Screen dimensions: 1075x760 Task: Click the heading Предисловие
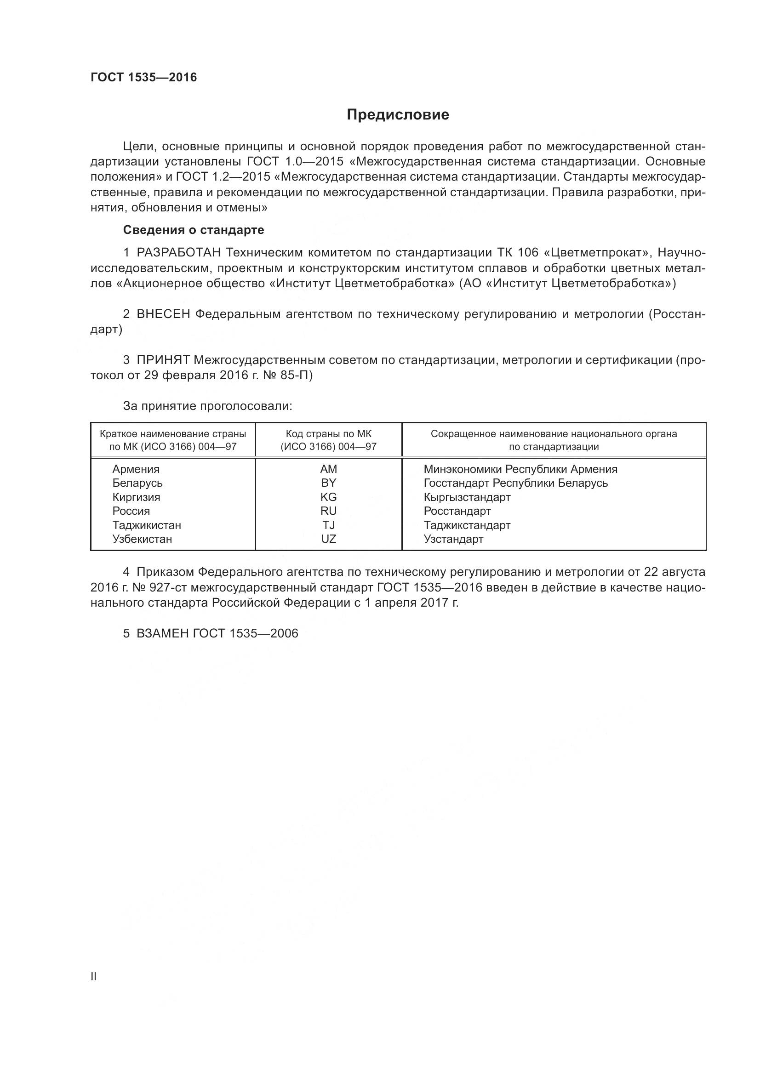[x=398, y=115]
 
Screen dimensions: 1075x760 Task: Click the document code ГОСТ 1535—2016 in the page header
[x=144, y=78]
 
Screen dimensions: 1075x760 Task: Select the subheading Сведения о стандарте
[x=194, y=230]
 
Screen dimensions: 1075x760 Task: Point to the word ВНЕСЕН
[x=163, y=314]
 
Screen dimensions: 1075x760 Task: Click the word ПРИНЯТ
[x=163, y=360]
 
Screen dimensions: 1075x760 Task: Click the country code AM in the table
[x=328, y=469]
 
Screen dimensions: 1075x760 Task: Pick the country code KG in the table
[x=328, y=497]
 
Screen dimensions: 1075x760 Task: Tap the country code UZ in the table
[x=328, y=539]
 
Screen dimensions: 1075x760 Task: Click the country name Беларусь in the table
[x=137, y=483]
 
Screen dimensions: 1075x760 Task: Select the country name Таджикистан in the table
[x=147, y=525]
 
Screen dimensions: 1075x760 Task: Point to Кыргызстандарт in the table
[x=467, y=497]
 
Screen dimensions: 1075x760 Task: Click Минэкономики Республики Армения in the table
[x=520, y=469]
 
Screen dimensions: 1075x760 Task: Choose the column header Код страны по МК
[x=328, y=434]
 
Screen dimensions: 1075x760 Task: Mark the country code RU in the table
[x=328, y=511]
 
